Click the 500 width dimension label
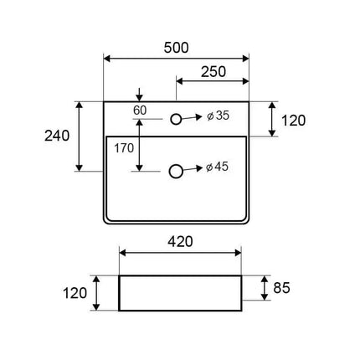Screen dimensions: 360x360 (176, 48)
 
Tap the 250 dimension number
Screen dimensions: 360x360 (213, 72)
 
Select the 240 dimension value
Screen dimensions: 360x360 (57, 136)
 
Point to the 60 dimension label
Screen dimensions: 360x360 (140, 111)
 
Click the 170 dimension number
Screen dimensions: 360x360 (124, 148)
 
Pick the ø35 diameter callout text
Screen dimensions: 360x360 (219, 116)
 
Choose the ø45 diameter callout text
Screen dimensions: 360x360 (217, 167)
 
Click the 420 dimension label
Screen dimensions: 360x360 (180, 242)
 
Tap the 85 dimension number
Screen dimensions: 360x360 (281, 288)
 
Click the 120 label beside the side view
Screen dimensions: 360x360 (75, 293)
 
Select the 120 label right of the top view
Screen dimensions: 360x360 (293, 121)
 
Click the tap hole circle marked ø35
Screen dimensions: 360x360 (176, 119)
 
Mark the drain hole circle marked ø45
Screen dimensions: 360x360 (176, 171)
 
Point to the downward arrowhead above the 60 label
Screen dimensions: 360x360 (140, 98)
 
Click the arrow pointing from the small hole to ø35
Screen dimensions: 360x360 (192, 118)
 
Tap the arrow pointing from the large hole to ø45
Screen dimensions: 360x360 (193, 169)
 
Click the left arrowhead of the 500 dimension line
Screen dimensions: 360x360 (107, 59)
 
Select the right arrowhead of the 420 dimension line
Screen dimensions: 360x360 (238, 253)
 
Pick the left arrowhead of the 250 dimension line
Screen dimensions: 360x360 (179, 81)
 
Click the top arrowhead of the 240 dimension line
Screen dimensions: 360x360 (80, 105)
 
